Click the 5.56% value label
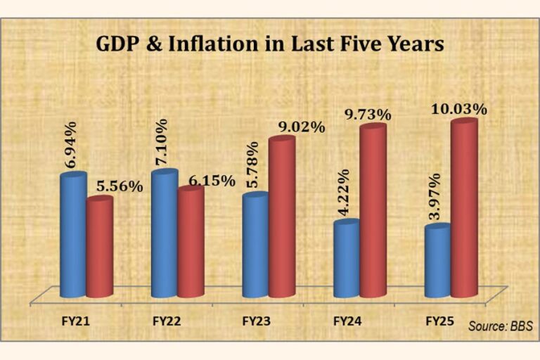pos(121,186)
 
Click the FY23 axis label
pos(257,321)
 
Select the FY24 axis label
pos(347,321)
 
